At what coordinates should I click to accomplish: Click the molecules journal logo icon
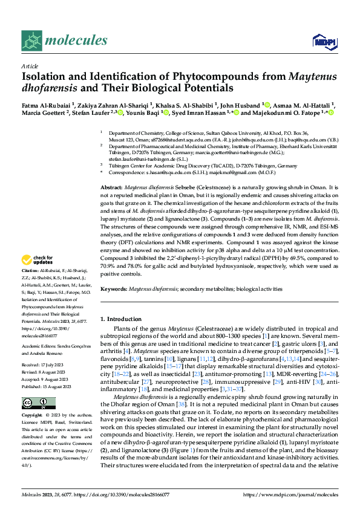[31, 41]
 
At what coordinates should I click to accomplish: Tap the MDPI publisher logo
[323, 41]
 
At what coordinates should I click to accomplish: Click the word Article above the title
[30, 66]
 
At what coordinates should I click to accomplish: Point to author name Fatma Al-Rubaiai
[45, 104]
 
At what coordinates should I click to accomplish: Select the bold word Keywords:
[114, 290]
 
